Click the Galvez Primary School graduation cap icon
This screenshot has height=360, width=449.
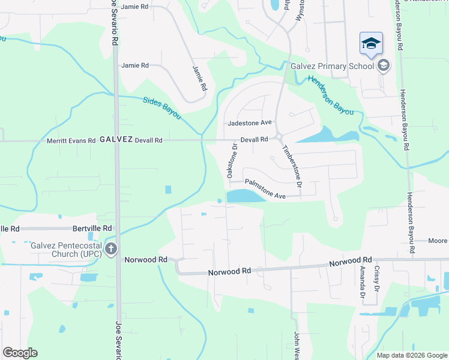tap(371, 44)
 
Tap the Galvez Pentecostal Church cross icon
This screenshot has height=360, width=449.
tap(110, 249)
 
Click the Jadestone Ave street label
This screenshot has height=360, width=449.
tap(250, 123)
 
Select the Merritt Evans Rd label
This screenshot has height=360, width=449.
tap(71, 140)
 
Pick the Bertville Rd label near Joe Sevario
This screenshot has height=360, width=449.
tap(92, 229)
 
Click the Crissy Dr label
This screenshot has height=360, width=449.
tap(376, 278)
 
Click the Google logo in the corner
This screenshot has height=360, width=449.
tap(20, 353)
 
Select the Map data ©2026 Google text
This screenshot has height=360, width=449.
tap(411, 355)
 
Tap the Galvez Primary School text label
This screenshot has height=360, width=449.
tap(332, 66)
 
